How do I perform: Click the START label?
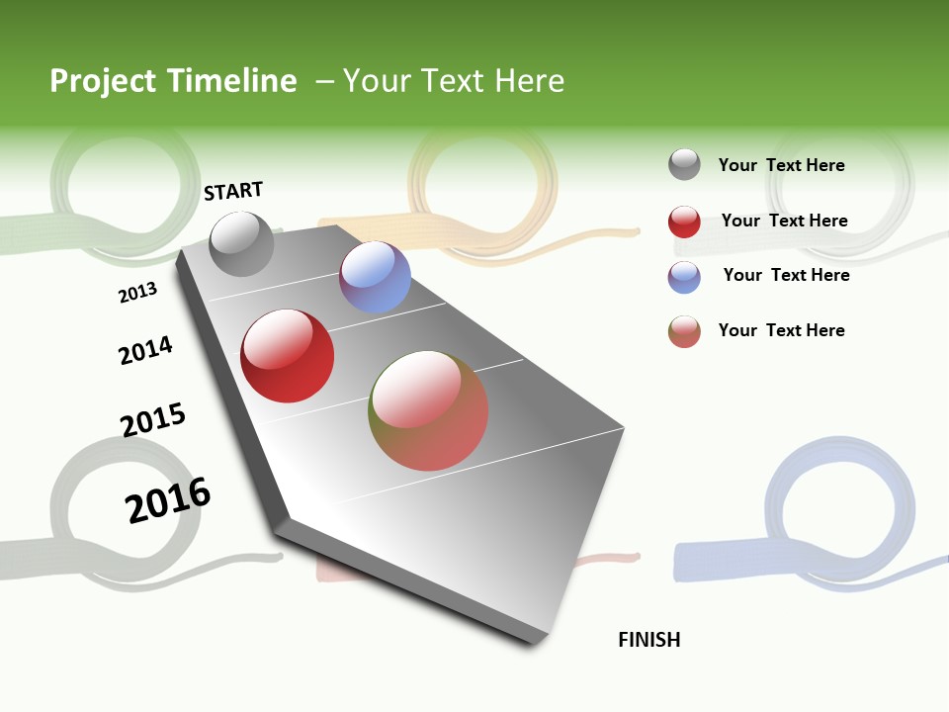point(233,191)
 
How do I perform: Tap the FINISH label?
point(649,640)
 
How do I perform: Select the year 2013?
point(137,293)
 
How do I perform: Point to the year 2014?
point(145,350)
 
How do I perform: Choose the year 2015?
point(153,419)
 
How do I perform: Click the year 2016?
point(168,499)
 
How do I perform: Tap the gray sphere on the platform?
point(241,243)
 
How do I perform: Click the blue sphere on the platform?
point(375,277)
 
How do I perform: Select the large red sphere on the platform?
point(288,356)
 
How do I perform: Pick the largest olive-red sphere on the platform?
point(428,410)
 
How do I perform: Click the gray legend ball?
point(684,164)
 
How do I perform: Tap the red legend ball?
point(684,222)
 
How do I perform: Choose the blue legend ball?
point(684,277)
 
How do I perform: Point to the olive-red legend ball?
point(684,331)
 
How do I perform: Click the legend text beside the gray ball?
point(781,165)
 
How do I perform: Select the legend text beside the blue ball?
point(786,275)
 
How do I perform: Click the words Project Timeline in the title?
point(173,81)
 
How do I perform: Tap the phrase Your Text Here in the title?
point(454,81)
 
